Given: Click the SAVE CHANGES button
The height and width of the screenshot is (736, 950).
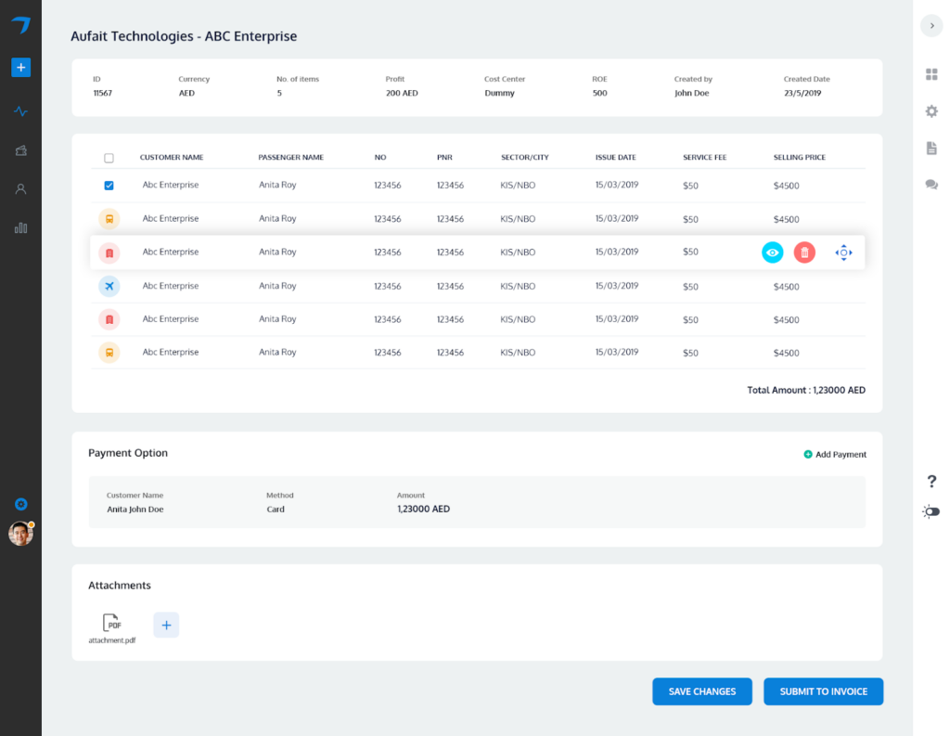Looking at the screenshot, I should [702, 691].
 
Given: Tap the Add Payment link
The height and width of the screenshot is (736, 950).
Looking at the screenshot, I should [835, 455].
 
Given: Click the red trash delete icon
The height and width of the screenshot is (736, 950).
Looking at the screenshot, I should [804, 252].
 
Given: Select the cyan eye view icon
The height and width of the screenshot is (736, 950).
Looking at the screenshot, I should [772, 252].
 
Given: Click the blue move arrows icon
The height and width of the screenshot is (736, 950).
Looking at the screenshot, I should [842, 252].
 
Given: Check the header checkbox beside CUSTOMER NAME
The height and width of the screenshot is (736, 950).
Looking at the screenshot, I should [109, 158].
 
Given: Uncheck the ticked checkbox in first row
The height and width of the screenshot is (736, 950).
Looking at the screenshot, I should [109, 186].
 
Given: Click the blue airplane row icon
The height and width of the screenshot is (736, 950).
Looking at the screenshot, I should [109, 286].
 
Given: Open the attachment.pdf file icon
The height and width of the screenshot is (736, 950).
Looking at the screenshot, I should [111, 625].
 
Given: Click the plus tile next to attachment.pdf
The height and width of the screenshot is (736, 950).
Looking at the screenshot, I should [166, 625].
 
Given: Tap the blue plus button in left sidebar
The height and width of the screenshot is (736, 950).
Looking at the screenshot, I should [20, 67].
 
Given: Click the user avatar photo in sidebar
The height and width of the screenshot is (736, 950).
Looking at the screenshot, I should [20, 534].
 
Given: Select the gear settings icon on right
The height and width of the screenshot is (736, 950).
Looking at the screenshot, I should [931, 111].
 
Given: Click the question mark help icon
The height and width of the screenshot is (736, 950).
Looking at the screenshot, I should [931, 481].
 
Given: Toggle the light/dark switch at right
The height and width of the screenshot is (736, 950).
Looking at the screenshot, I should [931, 511].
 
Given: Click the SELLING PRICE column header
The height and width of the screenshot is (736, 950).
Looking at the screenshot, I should [800, 158].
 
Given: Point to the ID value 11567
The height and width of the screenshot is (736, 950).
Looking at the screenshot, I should [102, 94].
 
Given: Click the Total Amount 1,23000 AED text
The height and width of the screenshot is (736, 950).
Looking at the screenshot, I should [806, 391].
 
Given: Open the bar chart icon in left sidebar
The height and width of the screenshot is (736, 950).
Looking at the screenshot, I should [20, 227].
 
